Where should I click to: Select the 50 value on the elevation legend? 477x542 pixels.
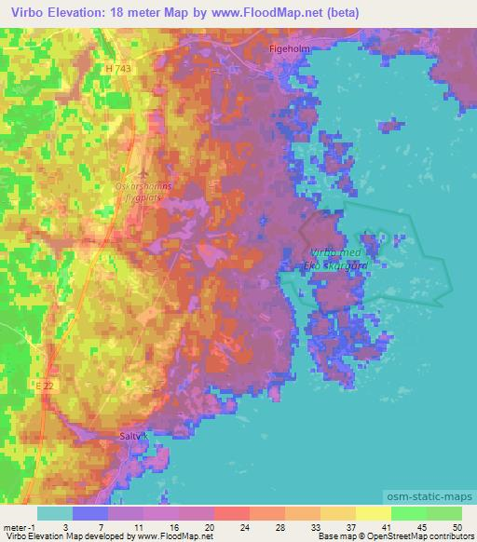(x=456, y=526)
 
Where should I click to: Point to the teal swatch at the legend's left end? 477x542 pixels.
(x=55, y=513)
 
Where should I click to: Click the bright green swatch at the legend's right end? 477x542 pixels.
(x=443, y=513)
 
